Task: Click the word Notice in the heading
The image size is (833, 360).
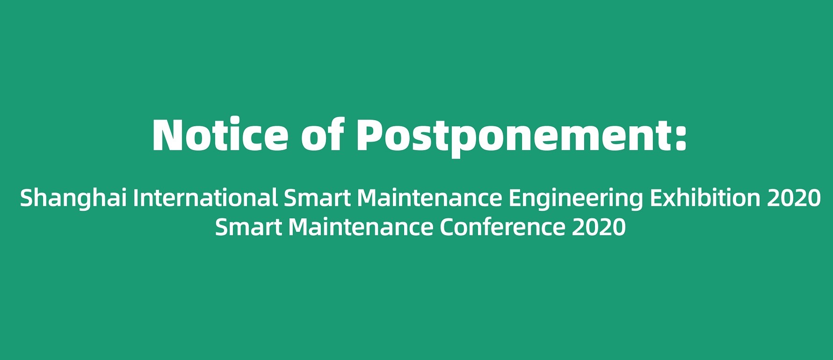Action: [x=220, y=135]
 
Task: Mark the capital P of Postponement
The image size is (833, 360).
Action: [x=370, y=135]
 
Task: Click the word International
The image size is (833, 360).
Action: [x=206, y=198]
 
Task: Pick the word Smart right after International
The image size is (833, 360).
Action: [x=318, y=199]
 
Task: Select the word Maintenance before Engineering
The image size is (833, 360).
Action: [x=429, y=199]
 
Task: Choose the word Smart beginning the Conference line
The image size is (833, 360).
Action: [x=248, y=228]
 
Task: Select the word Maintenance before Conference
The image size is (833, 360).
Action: [x=361, y=228]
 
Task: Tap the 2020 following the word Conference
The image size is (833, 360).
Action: [x=599, y=228]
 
